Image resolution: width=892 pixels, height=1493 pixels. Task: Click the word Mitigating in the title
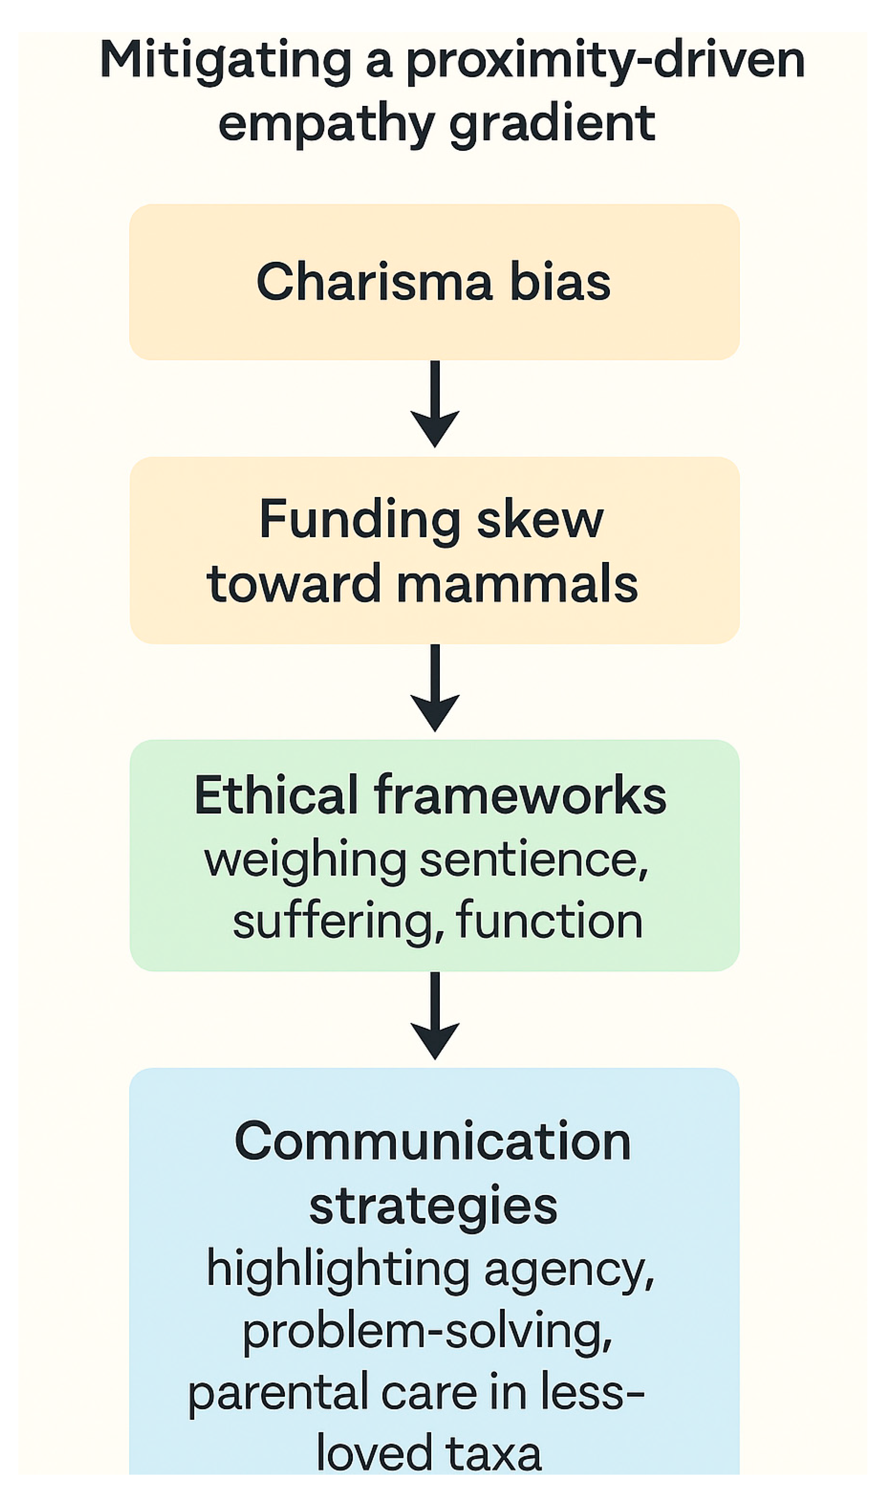coord(225,61)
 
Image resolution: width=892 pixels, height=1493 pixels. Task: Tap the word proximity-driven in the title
coord(605,61)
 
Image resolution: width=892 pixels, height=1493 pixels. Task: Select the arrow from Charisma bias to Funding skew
coord(435,403)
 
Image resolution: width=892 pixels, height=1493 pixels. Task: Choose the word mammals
coord(517,584)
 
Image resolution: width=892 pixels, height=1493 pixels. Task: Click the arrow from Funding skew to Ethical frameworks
coord(435,687)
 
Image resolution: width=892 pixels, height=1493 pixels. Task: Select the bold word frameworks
coord(520,795)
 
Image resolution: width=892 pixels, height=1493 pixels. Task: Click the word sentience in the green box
coord(534,860)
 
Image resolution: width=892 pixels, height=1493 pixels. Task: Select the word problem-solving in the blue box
coord(427,1332)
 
